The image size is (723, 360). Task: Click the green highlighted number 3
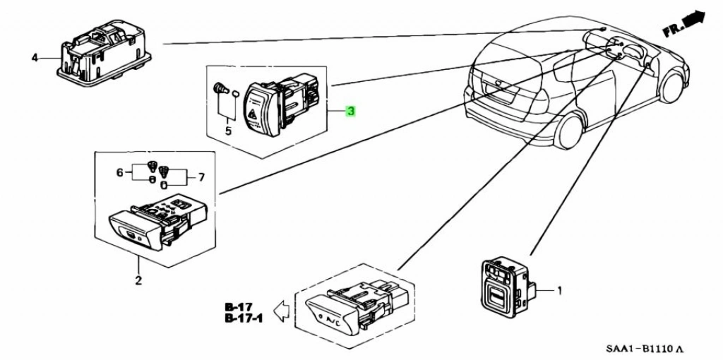tap(350, 112)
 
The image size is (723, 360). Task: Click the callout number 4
tap(35, 57)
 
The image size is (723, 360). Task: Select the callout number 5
tap(228, 131)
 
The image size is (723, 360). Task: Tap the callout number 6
tap(120, 172)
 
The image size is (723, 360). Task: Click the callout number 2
tap(138, 281)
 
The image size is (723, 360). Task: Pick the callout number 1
tap(559, 289)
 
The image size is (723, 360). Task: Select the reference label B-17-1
tap(243, 319)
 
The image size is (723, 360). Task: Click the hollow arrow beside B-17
tap(282, 311)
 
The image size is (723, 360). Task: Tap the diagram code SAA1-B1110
tap(644, 349)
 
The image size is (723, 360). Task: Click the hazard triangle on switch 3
tap(252, 112)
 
